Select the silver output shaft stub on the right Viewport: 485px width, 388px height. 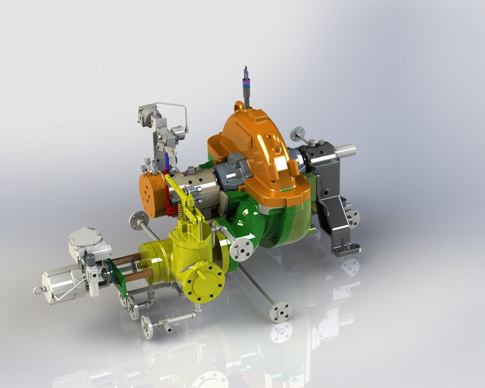346,149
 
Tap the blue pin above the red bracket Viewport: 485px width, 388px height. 167,161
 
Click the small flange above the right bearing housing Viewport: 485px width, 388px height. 298,134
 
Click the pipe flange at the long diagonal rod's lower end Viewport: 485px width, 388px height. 280,310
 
